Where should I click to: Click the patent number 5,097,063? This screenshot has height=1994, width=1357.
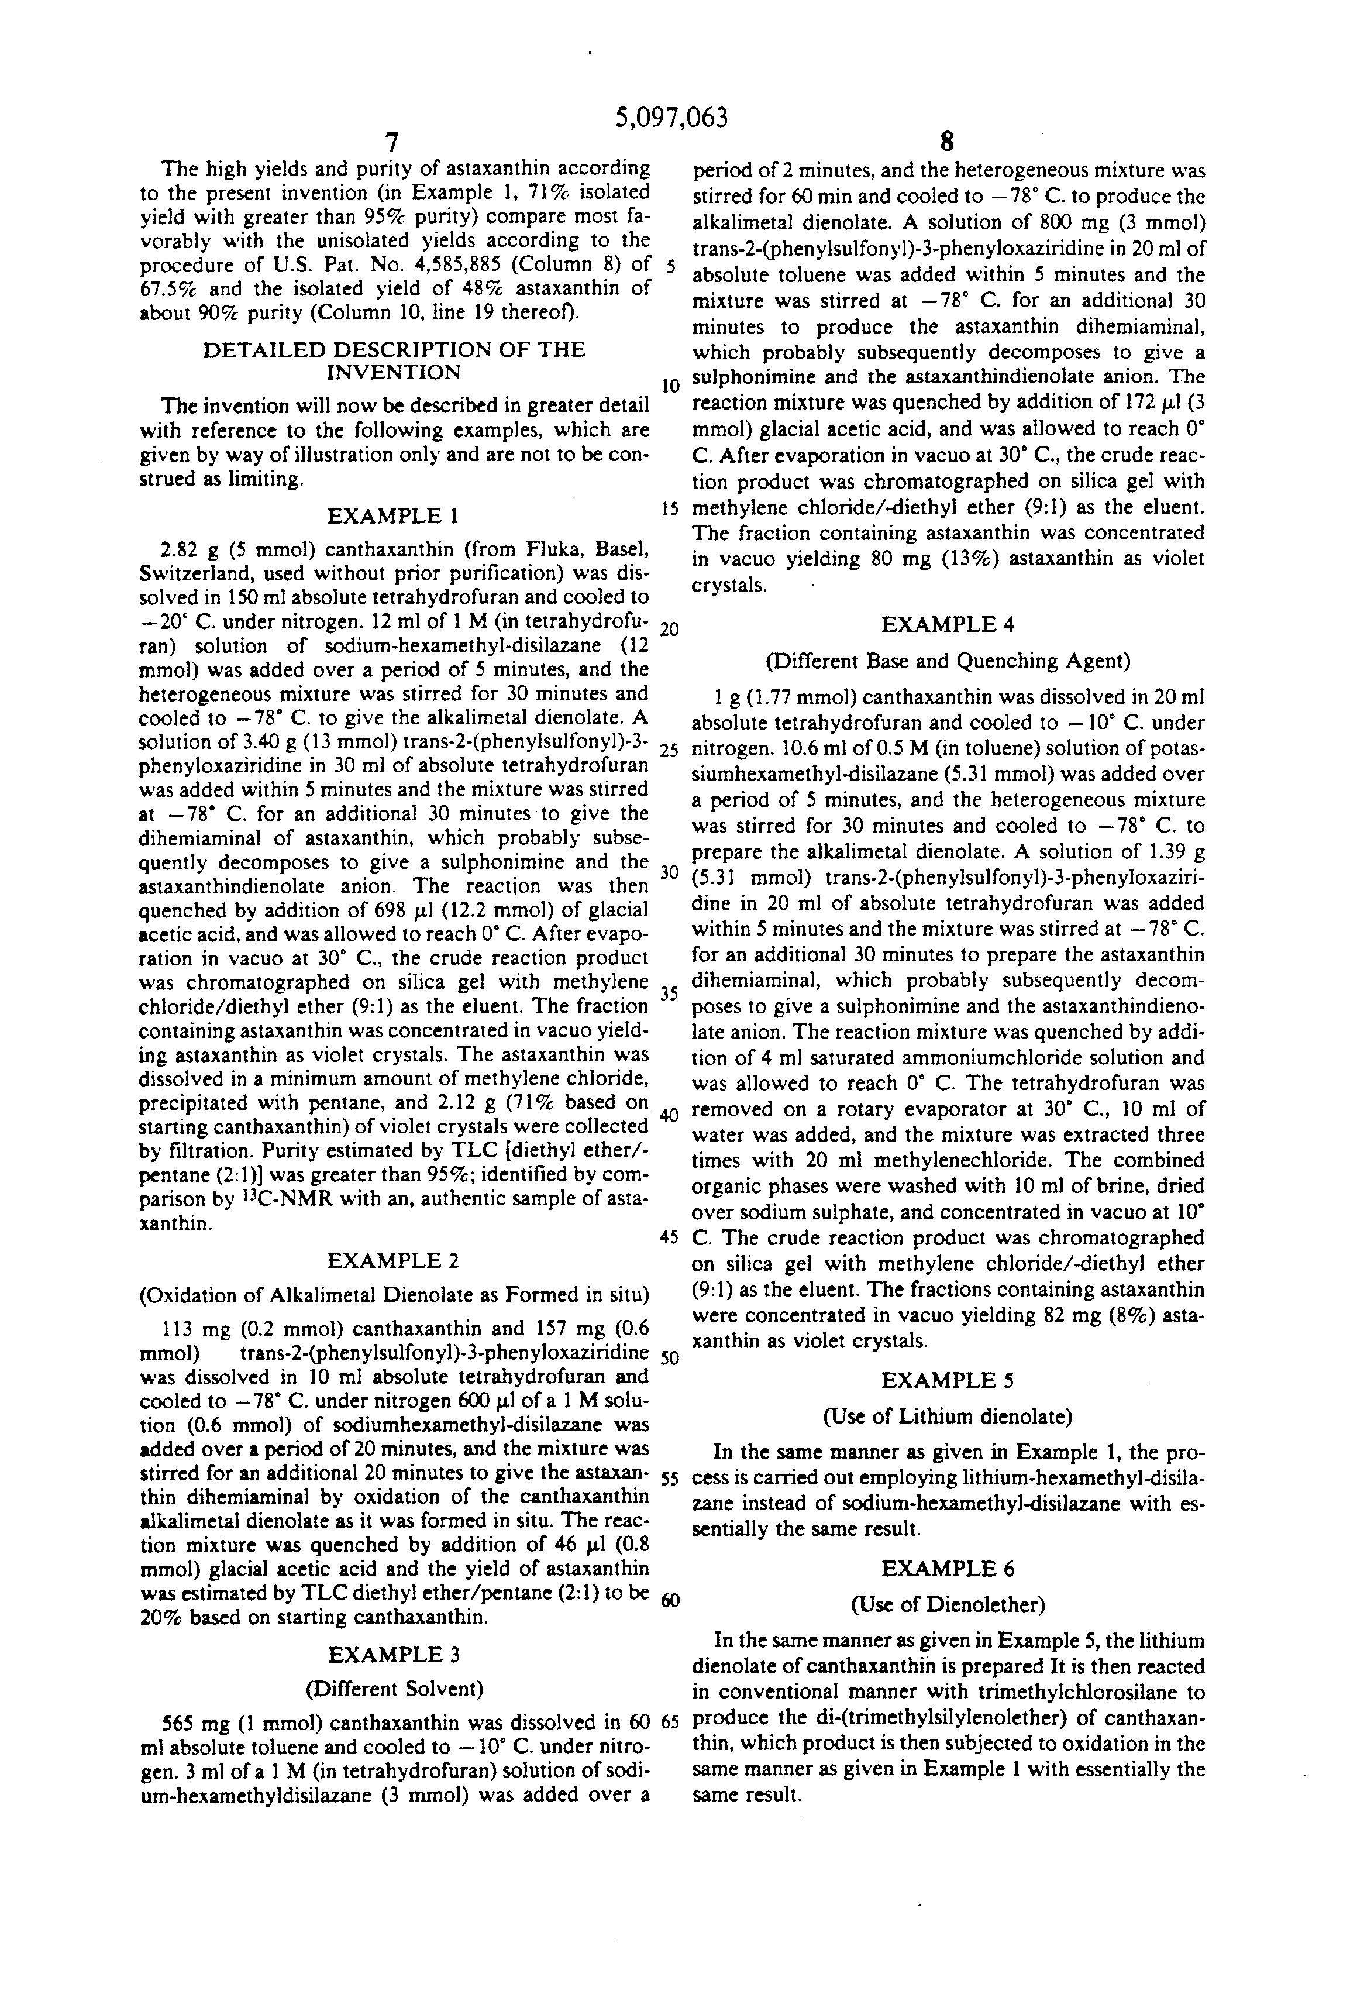(x=671, y=118)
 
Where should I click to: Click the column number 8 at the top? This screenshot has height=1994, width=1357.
(x=947, y=142)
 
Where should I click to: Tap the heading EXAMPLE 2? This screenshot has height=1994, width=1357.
(x=393, y=1260)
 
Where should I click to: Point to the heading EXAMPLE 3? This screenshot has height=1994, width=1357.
(x=393, y=1655)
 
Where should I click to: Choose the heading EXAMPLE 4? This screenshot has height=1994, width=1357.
(x=948, y=625)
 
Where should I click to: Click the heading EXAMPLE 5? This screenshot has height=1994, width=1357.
(x=948, y=1380)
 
